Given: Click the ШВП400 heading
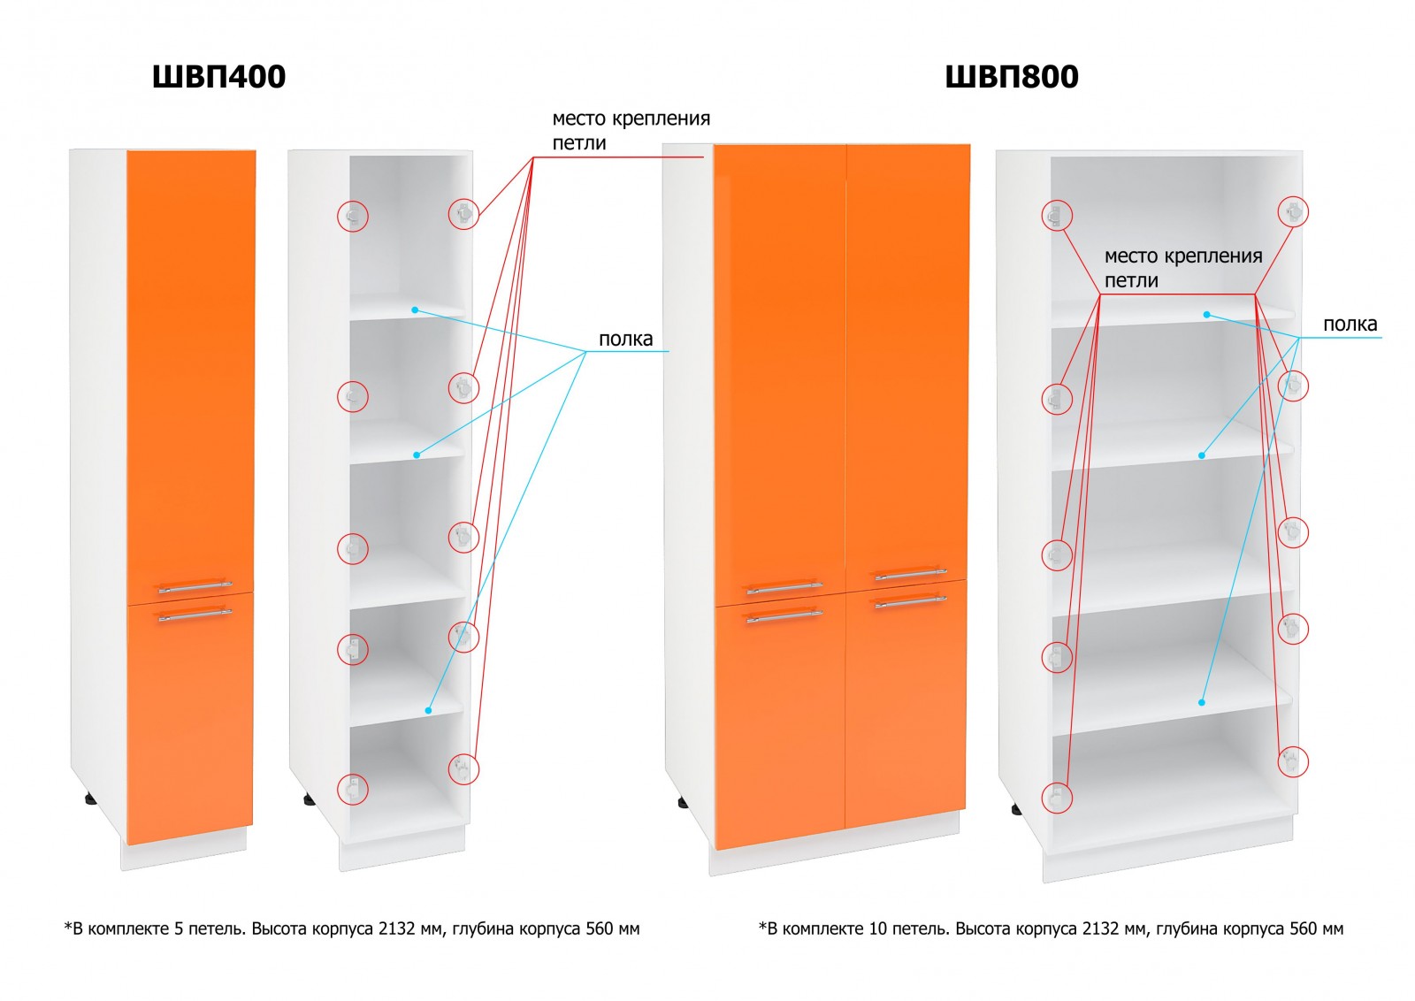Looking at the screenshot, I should click(x=218, y=77).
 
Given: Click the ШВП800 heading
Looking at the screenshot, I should click(x=1011, y=77).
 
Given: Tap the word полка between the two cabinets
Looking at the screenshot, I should click(x=625, y=339).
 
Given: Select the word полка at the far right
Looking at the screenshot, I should click(x=1350, y=325).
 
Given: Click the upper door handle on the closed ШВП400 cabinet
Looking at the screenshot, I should click(x=194, y=586).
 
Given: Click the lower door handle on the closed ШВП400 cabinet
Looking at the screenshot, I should click(x=194, y=614).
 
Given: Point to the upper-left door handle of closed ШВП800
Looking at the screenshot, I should click(x=784, y=587).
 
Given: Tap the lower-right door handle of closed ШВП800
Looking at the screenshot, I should click(x=910, y=602).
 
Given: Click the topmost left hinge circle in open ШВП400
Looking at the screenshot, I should click(x=353, y=216).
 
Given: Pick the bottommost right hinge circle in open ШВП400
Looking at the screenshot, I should click(x=463, y=768).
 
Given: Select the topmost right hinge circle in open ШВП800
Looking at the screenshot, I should click(x=1293, y=211).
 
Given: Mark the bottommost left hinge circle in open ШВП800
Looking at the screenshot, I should click(x=1056, y=798).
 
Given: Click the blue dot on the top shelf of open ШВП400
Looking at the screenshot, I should click(x=414, y=309).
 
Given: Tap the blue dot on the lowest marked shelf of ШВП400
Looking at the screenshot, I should click(x=428, y=710).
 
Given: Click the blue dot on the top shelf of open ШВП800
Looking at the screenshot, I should click(x=1206, y=314).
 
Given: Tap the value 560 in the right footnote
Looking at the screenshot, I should click(x=1304, y=929).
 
